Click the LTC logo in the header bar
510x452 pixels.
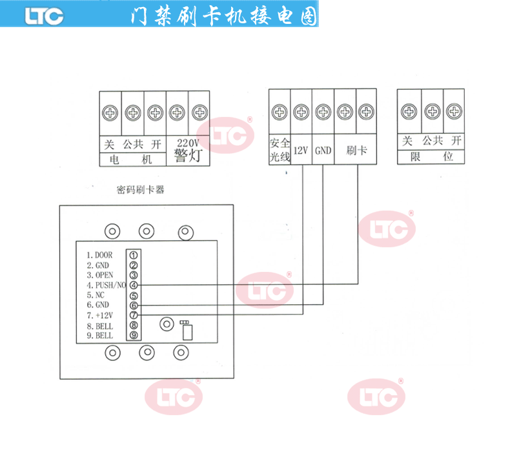pyautogui.click(x=45, y=15)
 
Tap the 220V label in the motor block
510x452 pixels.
pyautogui.click(x=188, y=142)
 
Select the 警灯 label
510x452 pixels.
pyautogui.click(x=188, y=156)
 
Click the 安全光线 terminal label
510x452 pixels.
pyautogui.click(x=280, y=150)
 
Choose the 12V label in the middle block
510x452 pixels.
pyautogui.click(x=301, y=150)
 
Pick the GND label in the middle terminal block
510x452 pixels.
pyautogui.click(x=323, y=150)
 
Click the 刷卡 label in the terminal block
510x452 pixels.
pyautogui.click(x=356, y=150)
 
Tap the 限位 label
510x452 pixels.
pyautogui.click(x=431, y=157)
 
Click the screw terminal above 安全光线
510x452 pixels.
pyautogui.click(x=280, y=112)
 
